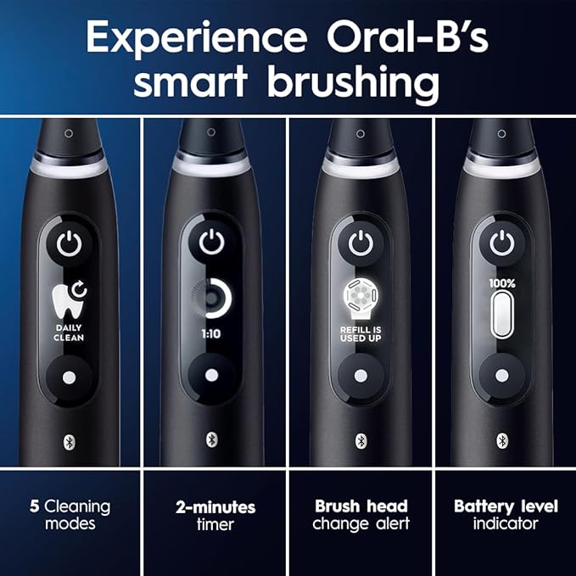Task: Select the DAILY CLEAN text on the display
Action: point(70,332)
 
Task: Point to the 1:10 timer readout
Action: point(212,333)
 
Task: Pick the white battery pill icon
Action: point(502,315)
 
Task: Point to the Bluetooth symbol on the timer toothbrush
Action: point(212,439)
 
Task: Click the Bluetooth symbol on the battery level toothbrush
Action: point(502,439)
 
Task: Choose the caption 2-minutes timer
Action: point(215,515)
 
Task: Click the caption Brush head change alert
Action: point(360,515)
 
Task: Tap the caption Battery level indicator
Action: point(506,515)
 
